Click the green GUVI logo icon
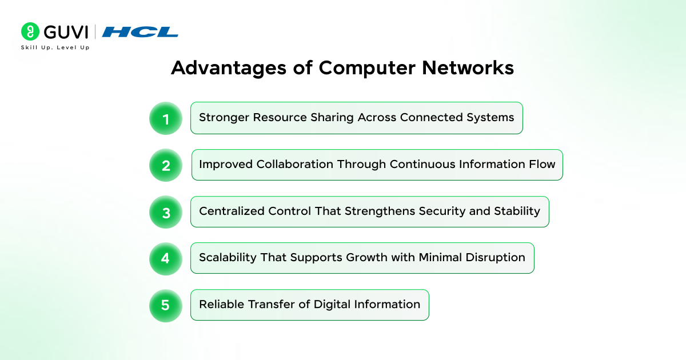pos(30,31)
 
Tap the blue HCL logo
pos(140,32)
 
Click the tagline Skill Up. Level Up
pos(55,47)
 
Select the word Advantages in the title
pos(229,68)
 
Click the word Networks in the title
pos(468,67)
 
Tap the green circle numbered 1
pos(166,118)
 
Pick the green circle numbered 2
pos(166,165)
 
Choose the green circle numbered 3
pos(166,212)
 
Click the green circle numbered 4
pos(166,259)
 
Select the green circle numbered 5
pos(166,306)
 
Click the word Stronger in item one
pos(224,118)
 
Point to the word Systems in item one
pos(490,118)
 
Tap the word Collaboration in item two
pos(295,165)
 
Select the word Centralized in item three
pos(232,211)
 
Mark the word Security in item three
pos(442,212)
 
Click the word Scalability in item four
pos(228,258)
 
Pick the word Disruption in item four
pos(496,258)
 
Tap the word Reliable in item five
pos(221,304)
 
